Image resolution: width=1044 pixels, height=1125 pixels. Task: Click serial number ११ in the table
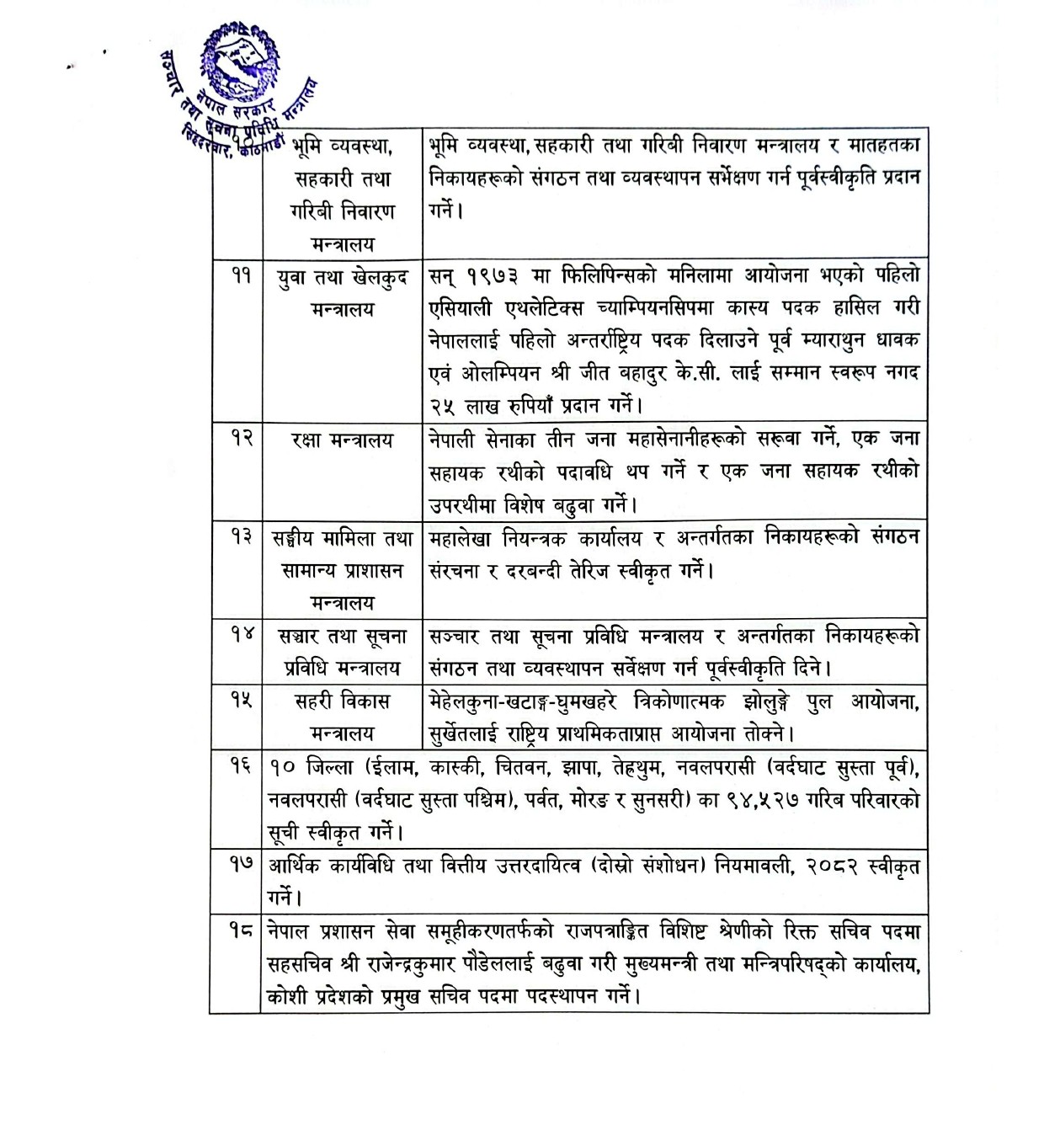(x=242, y=275)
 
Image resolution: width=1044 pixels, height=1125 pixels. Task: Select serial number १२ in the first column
(x=242, y=440)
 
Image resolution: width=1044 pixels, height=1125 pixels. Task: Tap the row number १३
(x=242, y=538)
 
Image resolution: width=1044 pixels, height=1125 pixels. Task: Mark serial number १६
(x=242, y=767)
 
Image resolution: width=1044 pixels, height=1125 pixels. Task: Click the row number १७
(x=242, y=865)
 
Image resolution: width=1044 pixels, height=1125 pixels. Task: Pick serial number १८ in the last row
(x=242, y=930)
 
